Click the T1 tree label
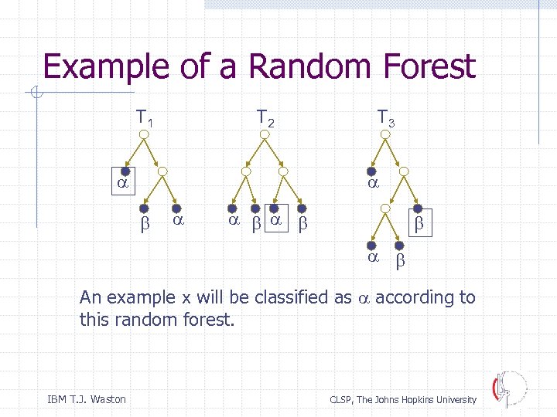pos(144,119)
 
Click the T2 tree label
pos(265,119)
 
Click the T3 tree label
pos(385,119)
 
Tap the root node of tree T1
pos(144,134)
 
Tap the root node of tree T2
pos(265,134)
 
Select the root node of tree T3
pos(384,134)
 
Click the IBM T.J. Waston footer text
pos(87,399)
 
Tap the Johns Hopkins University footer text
pos(403,399)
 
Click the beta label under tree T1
pos(143,223)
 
